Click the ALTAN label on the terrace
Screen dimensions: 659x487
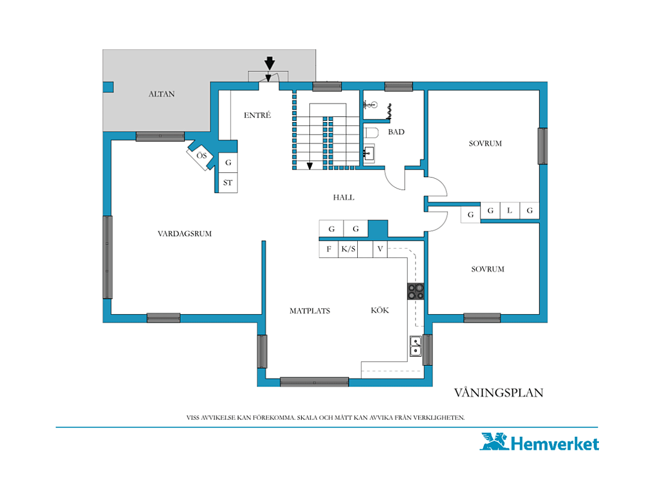pos(161,94)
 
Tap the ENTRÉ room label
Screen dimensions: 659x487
pos(257,115)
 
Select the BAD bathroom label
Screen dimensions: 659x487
pos(396,132)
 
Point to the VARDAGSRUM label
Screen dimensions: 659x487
pos(184,234)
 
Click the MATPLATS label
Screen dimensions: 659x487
pos(310,311)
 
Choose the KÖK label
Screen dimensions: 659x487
pos(380,310)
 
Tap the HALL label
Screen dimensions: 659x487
pos(343,197)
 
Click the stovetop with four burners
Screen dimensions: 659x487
pos(416,292)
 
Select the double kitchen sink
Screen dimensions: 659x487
pos(416,346)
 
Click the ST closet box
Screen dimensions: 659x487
pos(228,183)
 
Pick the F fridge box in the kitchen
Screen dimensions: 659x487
pos(329,249)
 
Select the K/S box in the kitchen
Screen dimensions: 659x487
pos(348,249)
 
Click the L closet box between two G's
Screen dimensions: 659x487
pos(510,211)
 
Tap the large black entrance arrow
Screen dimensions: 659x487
pos(269,64)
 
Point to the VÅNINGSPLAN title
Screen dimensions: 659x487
pos(498,392)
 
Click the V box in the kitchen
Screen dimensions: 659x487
pos(380,249)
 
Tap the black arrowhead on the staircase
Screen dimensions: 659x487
pos(310,166)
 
